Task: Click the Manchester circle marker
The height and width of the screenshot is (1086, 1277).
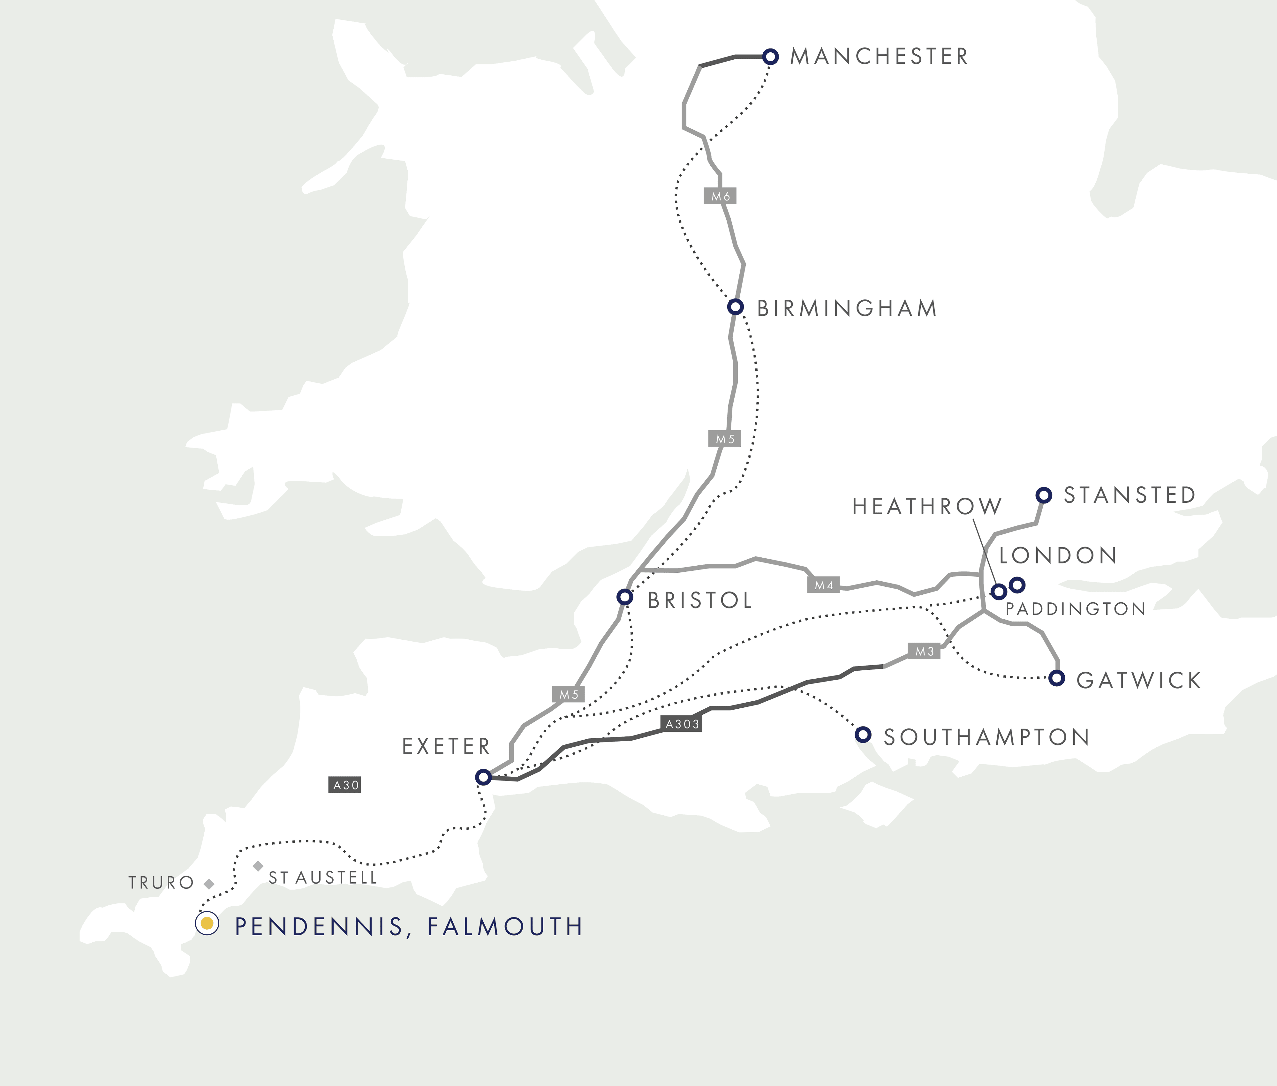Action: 770,57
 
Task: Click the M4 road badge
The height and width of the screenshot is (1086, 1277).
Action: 823,585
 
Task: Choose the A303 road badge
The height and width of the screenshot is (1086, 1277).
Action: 682,724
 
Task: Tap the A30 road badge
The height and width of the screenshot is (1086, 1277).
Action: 345,785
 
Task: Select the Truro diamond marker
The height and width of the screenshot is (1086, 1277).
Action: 209,884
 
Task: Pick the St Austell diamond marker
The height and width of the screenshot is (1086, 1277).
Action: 258,866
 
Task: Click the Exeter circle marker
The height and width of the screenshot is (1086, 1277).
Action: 483,777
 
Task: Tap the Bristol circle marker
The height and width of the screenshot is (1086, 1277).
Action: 625,597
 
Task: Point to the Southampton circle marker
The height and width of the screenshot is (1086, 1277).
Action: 863,734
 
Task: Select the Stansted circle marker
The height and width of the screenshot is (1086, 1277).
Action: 1044,495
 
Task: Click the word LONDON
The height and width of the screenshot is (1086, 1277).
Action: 1057,555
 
